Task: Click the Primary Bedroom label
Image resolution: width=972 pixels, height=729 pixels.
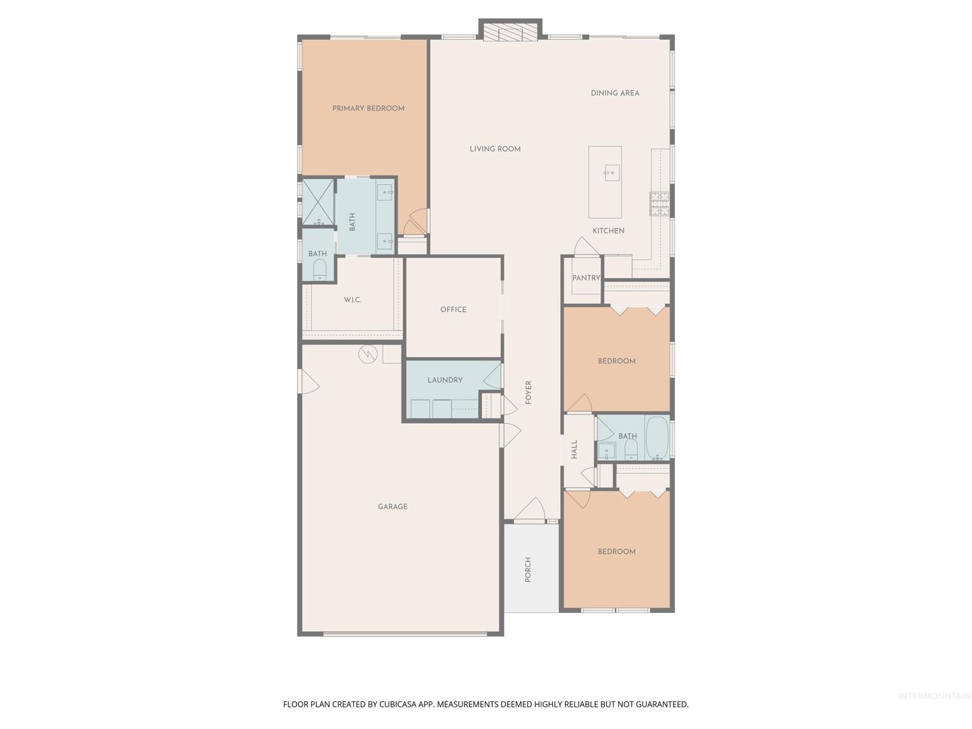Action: point(368,109)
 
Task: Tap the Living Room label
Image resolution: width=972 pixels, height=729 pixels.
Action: point(495,149)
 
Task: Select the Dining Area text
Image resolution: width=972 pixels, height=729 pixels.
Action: point(615,93)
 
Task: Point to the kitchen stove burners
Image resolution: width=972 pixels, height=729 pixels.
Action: point(659,204)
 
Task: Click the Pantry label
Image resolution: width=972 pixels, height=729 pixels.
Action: point(586,278)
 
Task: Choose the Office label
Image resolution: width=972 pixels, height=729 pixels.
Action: point(453,309)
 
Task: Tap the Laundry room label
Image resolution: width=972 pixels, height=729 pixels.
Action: point(445,380)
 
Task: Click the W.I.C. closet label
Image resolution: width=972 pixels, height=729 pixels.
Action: point(352,300)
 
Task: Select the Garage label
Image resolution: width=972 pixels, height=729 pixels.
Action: point(392,506)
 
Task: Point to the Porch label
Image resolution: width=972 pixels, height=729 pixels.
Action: point(527,570)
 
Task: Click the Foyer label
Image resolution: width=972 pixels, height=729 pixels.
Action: point(528,393)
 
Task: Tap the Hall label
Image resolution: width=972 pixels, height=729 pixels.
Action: point(574,450)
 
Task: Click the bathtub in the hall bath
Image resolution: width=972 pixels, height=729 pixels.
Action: point(657,438)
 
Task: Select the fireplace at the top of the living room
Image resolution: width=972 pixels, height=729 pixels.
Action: point(510,30)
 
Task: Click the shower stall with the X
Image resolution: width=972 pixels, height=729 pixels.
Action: point(317,202)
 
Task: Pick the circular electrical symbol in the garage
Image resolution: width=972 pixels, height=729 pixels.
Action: point(368,354)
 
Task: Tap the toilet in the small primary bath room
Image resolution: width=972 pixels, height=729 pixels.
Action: point(319,269)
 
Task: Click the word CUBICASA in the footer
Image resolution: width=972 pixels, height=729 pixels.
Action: point(398,704)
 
